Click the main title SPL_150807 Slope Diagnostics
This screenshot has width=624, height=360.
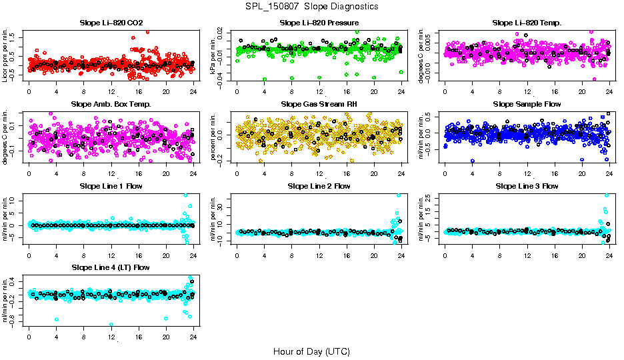click(x=311, y=7)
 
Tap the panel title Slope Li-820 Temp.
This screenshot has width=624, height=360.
click(x=527, y=23)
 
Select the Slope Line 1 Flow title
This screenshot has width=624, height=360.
click(x=111, y=186)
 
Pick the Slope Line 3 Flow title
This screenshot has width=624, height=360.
click(x=527, y=186)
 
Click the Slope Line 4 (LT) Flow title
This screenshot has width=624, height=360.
click(x=111, y=267)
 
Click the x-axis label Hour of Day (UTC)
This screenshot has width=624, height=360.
click(x=311, y=351)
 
